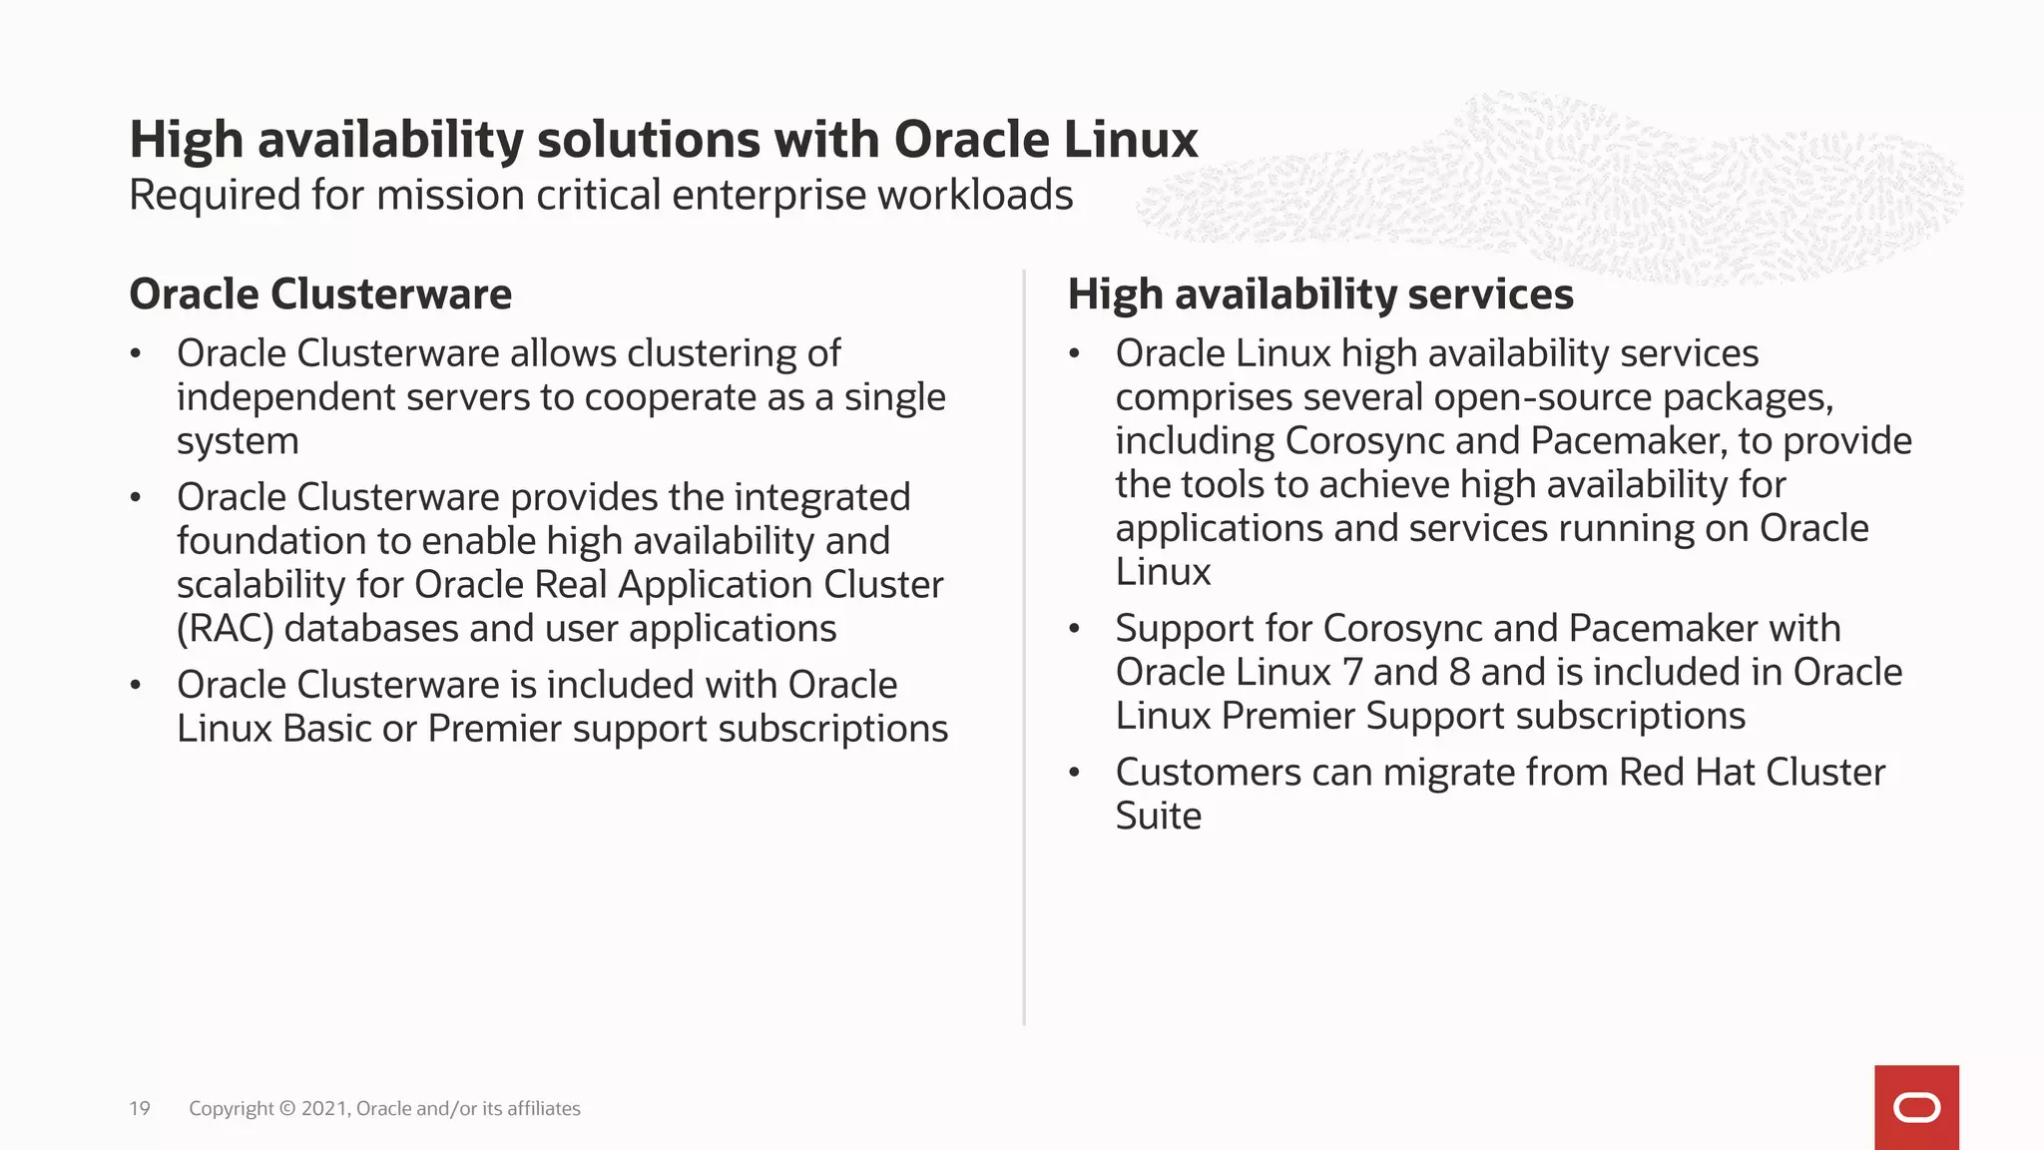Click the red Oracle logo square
point(1916,1107)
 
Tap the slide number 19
point(140,1108)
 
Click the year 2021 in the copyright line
point(324,1108)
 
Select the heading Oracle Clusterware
point(320,294)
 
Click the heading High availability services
point(1320,294)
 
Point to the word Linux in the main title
point(1130,140)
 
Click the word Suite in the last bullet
point(1158,817)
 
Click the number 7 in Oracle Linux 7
point(1352,673)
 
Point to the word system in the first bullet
point(238,441)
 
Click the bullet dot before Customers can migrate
point(1075,773)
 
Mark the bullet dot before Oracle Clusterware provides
point(136,497)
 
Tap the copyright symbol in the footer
point(287,1108)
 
